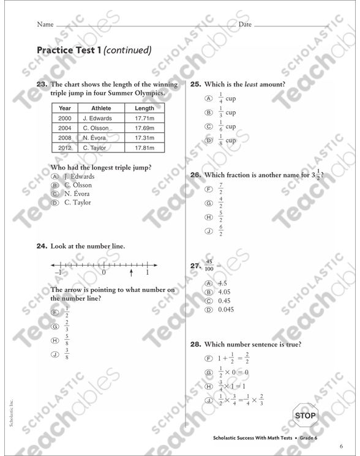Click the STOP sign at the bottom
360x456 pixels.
coord(306,416)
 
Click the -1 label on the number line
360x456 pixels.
coord(58,273)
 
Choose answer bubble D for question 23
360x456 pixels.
coord(54,203)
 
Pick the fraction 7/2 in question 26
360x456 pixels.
coord(221,189)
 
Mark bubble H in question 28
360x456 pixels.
coord(209,386)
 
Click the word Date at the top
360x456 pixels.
coord(245,24)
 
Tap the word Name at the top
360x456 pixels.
coord(45,24)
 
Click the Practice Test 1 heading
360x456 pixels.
coord(94,50)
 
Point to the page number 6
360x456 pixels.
coord(340,445)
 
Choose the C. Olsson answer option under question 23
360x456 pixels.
coord(78,185)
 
